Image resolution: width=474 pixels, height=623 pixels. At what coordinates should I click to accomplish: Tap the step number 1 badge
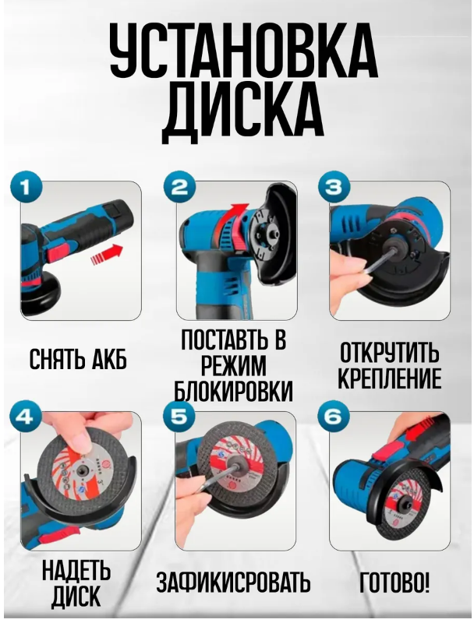point(27,187)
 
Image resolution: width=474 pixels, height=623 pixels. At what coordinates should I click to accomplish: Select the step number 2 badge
point(179,187)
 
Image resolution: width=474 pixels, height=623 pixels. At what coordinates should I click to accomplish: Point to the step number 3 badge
point(333,187)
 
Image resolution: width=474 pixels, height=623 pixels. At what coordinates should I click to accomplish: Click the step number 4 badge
point(27,418)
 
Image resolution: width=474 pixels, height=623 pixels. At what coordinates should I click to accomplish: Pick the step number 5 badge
point(179,418)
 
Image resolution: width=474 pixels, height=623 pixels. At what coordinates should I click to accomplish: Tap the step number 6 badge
point(333,418)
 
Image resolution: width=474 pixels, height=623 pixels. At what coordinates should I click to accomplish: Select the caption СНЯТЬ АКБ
point(78,360)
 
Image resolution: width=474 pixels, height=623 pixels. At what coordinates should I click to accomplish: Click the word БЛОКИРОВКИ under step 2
point(234,390)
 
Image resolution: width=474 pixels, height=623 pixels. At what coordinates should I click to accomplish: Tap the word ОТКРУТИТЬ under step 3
point(389,353)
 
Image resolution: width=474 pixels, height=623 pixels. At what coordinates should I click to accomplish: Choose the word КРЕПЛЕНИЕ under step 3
point(389,378)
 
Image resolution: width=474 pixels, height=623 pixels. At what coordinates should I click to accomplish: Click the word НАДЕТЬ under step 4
point(76,571)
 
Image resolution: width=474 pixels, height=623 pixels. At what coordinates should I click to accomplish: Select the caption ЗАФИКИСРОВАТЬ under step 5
point(233,583)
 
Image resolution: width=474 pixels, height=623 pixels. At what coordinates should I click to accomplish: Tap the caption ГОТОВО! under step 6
point(394,583)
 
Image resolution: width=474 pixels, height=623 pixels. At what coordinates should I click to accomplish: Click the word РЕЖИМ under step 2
point(234,365)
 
